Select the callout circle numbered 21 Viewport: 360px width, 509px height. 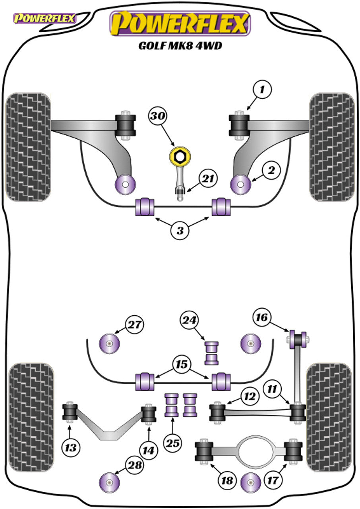coord(208,179)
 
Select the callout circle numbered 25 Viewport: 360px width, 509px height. coord(173,442)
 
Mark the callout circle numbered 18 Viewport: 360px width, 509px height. coord(227,480)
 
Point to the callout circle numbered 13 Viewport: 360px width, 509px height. coord(71,448)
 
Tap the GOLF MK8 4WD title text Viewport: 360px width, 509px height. coord(180,46)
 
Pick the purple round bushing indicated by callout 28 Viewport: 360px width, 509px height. coord(109,482)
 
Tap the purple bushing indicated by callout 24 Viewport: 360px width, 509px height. coord(212,353)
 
